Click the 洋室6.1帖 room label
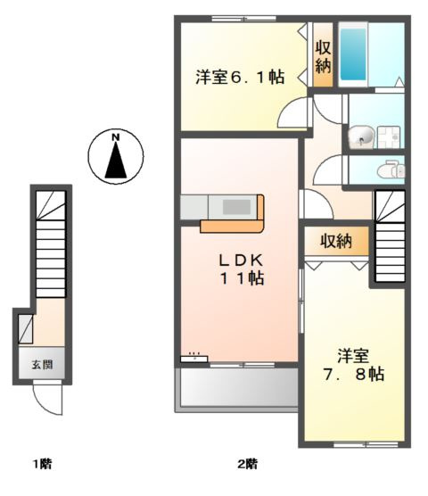240,78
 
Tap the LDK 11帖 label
242,269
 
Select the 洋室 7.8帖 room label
353,365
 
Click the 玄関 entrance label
42,365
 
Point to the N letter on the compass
116,137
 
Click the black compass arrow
116,160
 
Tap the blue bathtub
353,54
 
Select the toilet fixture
391,170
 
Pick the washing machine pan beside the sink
389,137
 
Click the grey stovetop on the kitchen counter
237,207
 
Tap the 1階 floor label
43,464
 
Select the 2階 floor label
248,464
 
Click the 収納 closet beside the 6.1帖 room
323,54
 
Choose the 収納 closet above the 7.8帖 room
336,242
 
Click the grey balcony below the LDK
239,387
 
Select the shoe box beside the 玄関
26,328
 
